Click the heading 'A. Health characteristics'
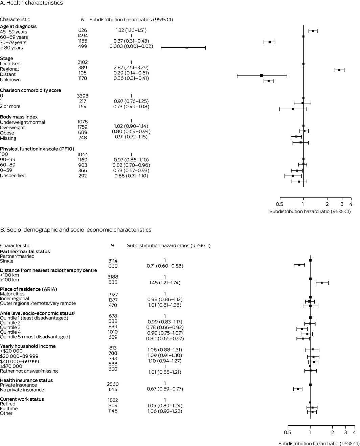(x=31, y=3)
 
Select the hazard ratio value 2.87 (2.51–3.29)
(x=131, y=68)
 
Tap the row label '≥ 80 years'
(x=12, y=48)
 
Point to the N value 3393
(x=82, y=96)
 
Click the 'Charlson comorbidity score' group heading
(x=30, y=90)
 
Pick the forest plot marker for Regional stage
(x=339, y=70)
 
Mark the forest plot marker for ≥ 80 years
(x=186, y=48)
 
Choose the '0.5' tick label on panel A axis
(x=279, y=204)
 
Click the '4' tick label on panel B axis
(x=354, y=432)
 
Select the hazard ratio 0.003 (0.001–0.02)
(x=131, y=46)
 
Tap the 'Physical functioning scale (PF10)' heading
(x=37, y=149)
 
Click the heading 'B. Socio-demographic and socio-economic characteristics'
(x=76, y=230)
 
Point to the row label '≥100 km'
(x=9, y=280)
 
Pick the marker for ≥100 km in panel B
(x=322, y=283)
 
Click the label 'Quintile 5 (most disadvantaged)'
(x=35, y=337)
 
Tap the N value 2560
(x=113, y=384)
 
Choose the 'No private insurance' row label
(x=22, y=390)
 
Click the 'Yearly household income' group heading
(x=28, y=346)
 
